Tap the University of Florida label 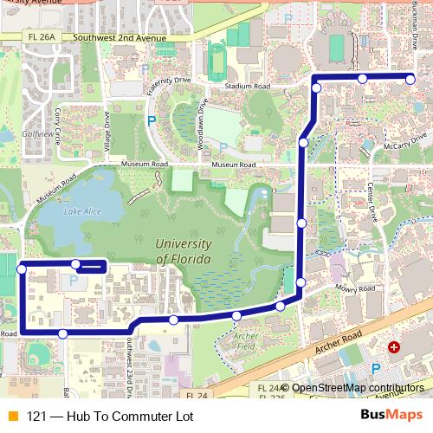(x=183, y=251)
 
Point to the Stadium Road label (x=247, y=87)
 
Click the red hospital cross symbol (x=394, y=347)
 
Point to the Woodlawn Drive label (x=201, y=126)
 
